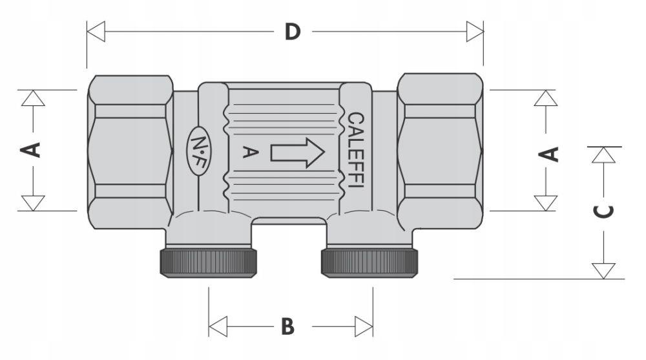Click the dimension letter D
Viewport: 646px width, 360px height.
click(293, 32)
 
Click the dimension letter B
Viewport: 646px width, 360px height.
click(287, 326)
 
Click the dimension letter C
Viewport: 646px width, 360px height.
click(603, 211)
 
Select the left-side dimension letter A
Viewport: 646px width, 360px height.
click(31, 150)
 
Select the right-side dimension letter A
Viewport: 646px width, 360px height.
click(548, 154)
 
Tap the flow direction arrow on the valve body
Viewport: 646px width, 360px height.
click(297, 153)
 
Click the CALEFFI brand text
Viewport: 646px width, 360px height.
click(356, 150)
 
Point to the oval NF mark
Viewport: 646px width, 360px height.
click(200, 151)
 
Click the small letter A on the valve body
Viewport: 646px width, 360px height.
click(250, 152)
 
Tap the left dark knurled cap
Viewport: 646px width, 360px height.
click(209, 262)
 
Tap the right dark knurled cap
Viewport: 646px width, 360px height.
click(370, 262)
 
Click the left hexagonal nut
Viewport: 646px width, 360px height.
click(130, 152)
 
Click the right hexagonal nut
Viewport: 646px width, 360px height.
click(440, 151)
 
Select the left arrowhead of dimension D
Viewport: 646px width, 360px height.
click(96, 31)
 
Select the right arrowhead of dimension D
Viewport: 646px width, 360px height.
click(475, 31)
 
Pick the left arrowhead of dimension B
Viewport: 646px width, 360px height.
click(218, 326)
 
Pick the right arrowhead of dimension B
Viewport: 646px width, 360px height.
click(364, 326)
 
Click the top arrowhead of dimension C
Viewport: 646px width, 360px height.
click(603, 155)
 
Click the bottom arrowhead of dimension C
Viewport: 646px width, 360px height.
click(603, 271)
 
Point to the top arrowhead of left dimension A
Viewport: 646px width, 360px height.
click(33, 98)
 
